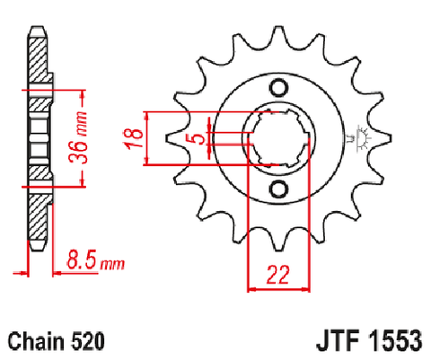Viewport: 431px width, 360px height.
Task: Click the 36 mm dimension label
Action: pos(78,137)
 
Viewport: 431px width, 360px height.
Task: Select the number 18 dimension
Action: pos(134,139)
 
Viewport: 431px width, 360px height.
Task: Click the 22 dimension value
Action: pos(278,275)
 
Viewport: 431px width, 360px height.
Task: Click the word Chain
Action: pos(36,341)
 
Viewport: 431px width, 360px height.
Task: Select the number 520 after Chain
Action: pos(87,341)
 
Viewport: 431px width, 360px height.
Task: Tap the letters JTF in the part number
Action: pos(339,341)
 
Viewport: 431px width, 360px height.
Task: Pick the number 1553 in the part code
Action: pos(395,341)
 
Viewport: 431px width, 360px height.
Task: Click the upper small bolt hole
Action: pos(279,88)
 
